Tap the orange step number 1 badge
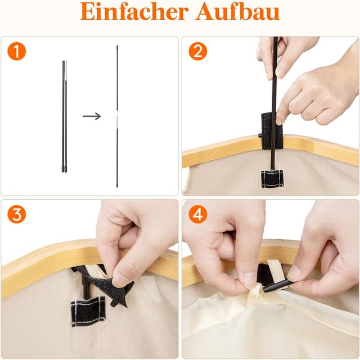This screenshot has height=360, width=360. click(x=17, y=52)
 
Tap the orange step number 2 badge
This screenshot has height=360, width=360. click(x=197, y=52)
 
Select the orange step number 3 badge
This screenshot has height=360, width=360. click(x=17, y=214)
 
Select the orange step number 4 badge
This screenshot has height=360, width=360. click(x=197, y=214)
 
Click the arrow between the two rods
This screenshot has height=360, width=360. click(x=92, y=116)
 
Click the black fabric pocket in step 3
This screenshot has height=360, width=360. click(x=87, y=311)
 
